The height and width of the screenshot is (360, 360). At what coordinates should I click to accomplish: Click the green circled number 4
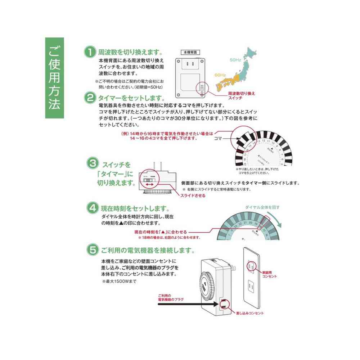pos(92,208)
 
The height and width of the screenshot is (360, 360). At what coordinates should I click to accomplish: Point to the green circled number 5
pos(92,249)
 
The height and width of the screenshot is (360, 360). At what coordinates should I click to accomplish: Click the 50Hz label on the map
pos(236,59)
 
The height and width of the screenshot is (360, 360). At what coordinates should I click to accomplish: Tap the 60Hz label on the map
pos(220,75)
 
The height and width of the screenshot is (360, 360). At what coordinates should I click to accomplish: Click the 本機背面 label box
pos(192,52)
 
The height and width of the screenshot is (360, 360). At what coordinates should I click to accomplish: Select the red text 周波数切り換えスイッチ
pos(241,95)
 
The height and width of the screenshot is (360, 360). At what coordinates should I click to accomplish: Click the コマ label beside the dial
pos(218,138)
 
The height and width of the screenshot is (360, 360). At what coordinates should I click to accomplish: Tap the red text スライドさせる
pos(193,195)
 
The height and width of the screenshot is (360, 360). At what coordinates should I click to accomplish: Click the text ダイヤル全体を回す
pos(262,207)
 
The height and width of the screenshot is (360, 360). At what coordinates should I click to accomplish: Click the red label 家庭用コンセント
pos(269,274)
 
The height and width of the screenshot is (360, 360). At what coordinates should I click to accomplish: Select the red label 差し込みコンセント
pos(249,313)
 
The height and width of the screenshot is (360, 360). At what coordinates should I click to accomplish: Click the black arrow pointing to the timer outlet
pos(187,305)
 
